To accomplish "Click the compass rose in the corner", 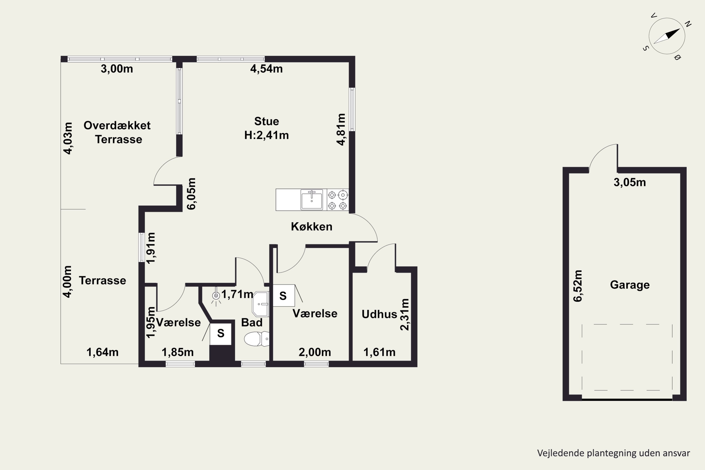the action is [667, 36].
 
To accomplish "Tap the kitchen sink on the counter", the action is [312, 200].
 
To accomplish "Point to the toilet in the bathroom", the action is [257, 339].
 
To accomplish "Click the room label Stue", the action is [266, 121].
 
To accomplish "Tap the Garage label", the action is [630, 285].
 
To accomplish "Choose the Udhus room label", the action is [379, 314].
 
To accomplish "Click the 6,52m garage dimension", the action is [578, 286].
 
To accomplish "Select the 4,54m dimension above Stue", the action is [266, 69].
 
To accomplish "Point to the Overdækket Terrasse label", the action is [117, 132].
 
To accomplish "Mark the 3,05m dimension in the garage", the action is [630, 182].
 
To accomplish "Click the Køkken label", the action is [312, 227].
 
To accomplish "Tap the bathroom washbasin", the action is [260, 304].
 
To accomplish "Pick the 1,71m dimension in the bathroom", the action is [237, 294].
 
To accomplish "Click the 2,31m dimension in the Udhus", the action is [405, 314].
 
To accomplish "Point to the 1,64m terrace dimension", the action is [102, 352].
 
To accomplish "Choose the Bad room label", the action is [252, 322].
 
